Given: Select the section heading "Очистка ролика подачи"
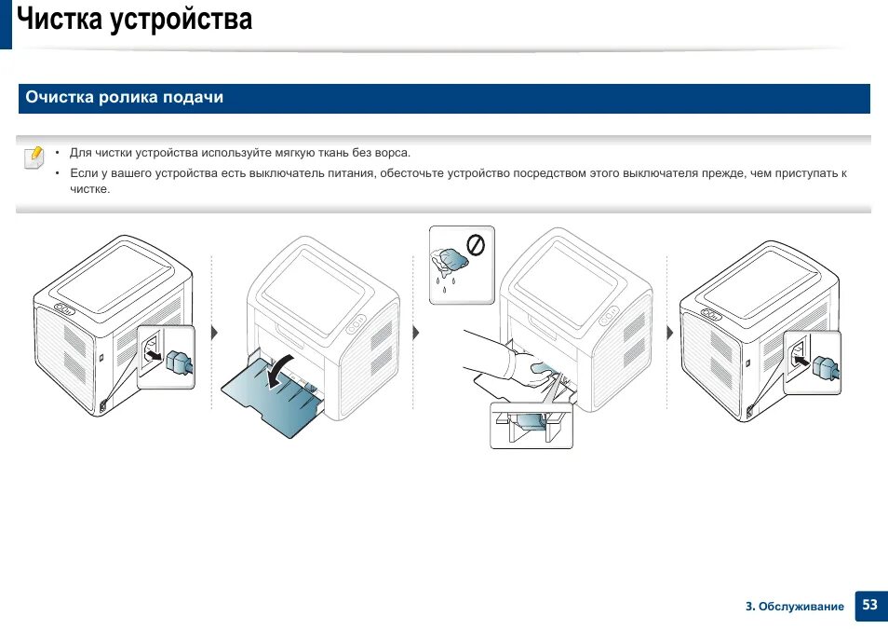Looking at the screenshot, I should pos(124,97).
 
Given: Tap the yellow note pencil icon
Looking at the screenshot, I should pos(34,156).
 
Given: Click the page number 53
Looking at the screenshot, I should pos(868,605).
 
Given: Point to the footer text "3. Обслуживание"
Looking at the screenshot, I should pos(794,607).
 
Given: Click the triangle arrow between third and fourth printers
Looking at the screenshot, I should pos(669,333).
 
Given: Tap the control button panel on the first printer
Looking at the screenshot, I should pos(65,308).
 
